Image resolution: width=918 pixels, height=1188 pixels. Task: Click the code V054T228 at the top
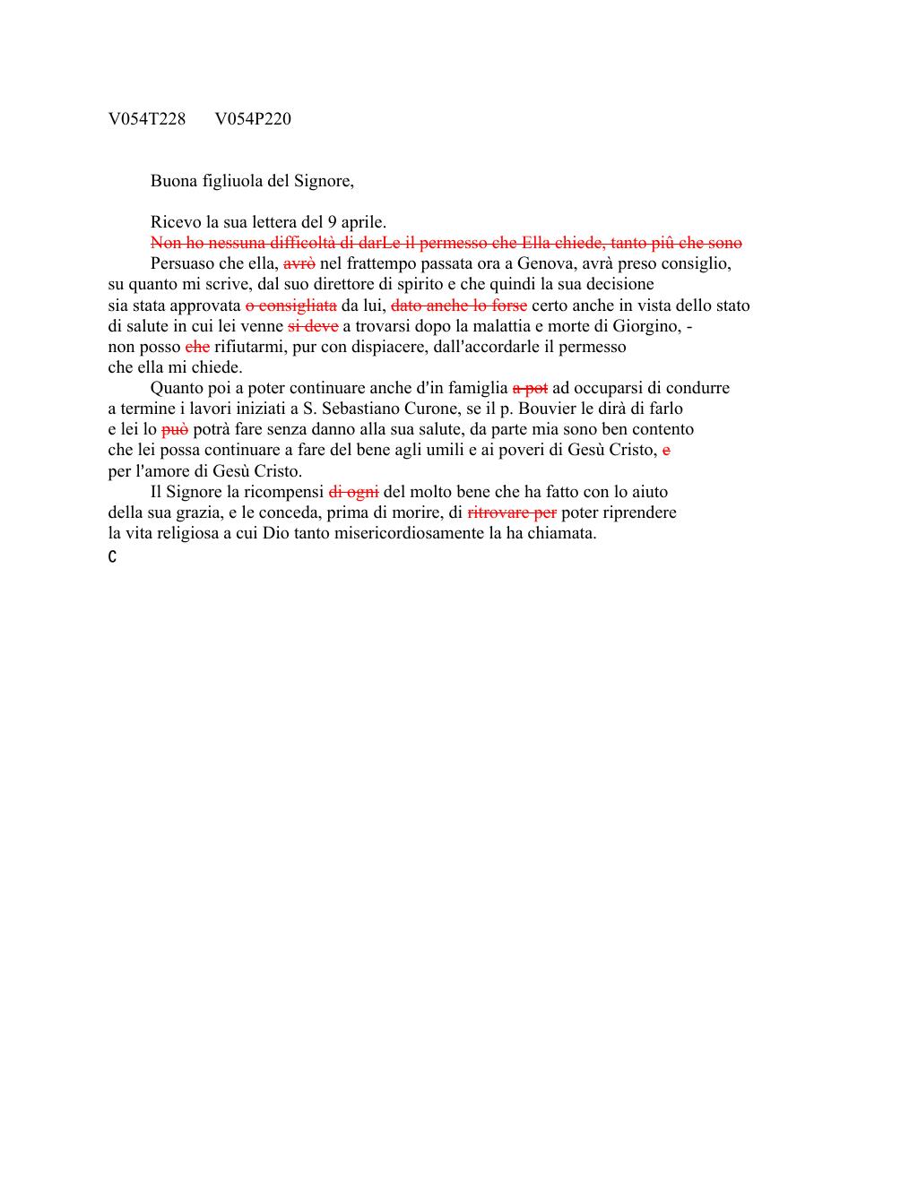click(146, 119)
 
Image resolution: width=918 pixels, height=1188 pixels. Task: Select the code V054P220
click(253, 119)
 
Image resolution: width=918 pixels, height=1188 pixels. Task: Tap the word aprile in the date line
click(362, 222)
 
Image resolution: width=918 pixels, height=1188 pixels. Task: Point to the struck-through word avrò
click(299, 264)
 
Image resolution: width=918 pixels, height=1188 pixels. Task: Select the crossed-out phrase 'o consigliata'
click(291, 306)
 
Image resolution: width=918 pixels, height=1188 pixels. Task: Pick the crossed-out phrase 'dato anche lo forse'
click(459, 306)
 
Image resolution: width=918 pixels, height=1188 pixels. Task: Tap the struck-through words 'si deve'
click(313, 326)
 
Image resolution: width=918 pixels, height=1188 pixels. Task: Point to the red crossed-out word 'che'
click(197, 347)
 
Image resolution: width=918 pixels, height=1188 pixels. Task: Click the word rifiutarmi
click(249, 347)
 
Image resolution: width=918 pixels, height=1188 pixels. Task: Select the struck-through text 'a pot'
click(530, 388)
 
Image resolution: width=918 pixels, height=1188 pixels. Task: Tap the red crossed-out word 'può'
click(175, 429)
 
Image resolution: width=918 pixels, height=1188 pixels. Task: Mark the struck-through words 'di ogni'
click(354, 492)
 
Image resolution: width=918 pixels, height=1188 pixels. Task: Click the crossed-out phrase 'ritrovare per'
click(512, 512)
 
